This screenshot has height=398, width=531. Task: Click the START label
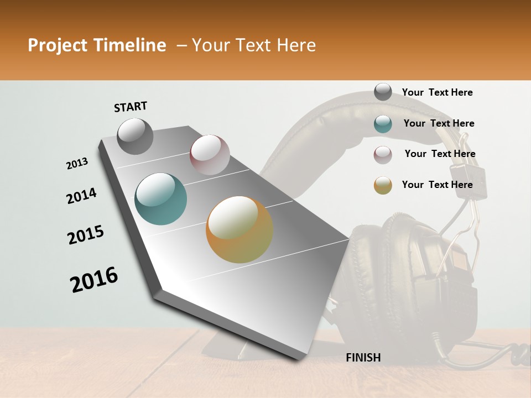(131, 107)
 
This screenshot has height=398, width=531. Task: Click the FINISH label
(363, 358)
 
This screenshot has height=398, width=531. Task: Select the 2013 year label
(77, 164)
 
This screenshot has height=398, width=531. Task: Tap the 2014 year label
(81, 196)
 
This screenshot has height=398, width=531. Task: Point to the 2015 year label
(86, 235)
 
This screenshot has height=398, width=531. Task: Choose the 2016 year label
(94, 280)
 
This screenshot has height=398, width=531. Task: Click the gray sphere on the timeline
(136, 136)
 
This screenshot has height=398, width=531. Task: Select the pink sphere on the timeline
(210, 155)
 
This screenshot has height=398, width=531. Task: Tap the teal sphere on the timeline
(161, 199)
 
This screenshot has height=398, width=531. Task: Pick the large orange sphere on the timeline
(240, 229)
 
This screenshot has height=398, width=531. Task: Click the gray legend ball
(383, 92)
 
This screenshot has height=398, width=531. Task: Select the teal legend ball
(383, 124)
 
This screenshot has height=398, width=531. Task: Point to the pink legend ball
(383, 154)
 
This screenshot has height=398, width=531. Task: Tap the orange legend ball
(383, 185)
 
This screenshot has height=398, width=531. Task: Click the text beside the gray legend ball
(437, 92)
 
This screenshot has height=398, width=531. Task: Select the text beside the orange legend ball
(437, 185)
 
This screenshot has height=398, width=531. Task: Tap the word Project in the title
(58, 45)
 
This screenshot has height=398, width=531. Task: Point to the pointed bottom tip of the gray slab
(301, 359)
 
